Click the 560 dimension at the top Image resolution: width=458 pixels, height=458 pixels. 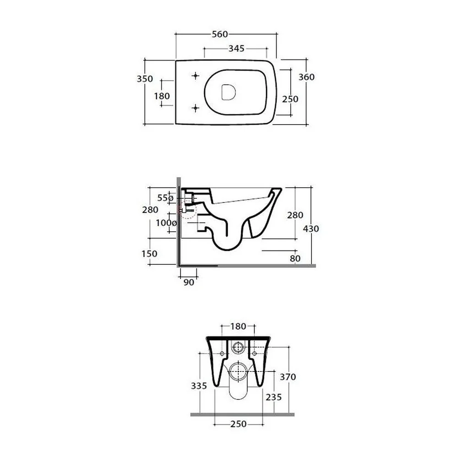[x=220, y=34]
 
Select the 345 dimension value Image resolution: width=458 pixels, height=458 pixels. [x=236, y=49]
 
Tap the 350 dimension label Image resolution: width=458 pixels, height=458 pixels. [x=145, y=79]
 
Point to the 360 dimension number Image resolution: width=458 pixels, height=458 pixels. [x=306, y=77]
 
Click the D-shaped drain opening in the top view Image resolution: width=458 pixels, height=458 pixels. [x=229, y=93]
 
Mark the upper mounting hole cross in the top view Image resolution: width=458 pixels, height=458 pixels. [x=196, y=76]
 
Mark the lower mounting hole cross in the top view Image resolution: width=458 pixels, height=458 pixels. [x=196, y=109]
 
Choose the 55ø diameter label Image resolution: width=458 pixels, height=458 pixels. [x=165, y=198]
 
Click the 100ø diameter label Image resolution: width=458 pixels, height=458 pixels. [x=166, y=223]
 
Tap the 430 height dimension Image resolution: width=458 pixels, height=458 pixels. [x=311, y=229]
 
